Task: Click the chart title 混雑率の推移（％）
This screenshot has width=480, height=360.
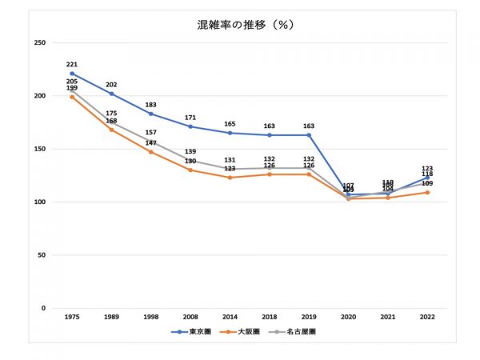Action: (x=246, y=25)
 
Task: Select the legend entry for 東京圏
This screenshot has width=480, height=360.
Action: (x=196, y=330)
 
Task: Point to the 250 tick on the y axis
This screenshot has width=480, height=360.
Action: (x=39, y=42)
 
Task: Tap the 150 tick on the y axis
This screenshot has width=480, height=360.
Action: (x=39, y=149)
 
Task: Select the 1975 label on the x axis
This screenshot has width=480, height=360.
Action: (x=72, y=317)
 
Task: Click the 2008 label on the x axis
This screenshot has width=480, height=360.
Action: (x=190, y=317)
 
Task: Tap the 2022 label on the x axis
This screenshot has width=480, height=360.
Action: (x=427, y=317)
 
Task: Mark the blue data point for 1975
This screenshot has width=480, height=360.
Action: (x=72, y=74)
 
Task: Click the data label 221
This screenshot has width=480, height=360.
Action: (x=72, y=64)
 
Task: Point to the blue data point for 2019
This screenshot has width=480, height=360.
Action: (x=309, y=135)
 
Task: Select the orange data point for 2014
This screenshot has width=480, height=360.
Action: (x=230, y=178)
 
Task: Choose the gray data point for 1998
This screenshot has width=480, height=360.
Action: (x=150, y=142)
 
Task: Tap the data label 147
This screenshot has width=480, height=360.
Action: (x=150, y=142)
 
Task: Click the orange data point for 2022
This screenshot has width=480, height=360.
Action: (x=427, y=192)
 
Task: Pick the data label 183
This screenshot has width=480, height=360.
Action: (x=150, y=104)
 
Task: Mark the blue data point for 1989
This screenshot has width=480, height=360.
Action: (x=111, y=94)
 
